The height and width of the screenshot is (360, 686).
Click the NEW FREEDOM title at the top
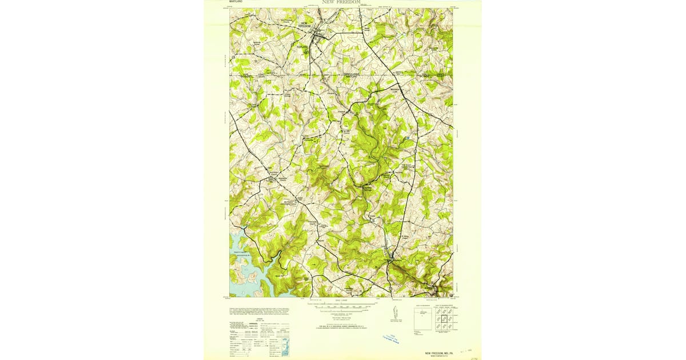coord(341,2)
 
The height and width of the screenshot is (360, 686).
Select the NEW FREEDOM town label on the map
coord(305,25)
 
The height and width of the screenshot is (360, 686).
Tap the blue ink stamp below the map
coord(393,338)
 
